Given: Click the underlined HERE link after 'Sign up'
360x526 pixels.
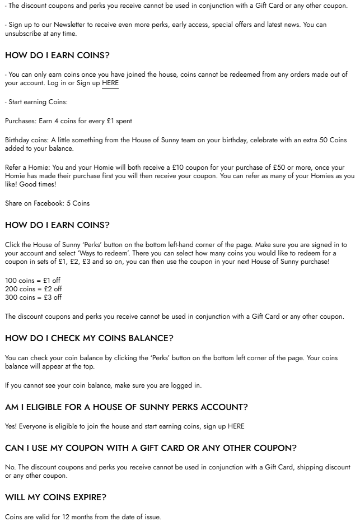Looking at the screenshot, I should click(110, 83).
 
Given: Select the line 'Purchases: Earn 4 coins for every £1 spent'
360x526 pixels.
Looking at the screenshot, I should click(68, 121).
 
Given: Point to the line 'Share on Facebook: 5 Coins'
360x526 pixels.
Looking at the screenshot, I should click(47, 203).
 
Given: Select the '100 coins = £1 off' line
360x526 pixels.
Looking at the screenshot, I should click(33, 280).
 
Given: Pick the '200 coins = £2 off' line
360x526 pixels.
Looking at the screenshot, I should click(34, 289).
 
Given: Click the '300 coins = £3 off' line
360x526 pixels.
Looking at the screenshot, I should click(34, 297).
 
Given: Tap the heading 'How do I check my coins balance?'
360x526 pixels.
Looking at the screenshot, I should click(89, 338).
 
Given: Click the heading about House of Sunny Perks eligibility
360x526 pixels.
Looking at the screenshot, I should click(126, 407).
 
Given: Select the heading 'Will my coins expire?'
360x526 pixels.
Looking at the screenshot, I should click(55, 497).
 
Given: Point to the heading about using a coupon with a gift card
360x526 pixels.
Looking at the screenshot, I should click(151, 448).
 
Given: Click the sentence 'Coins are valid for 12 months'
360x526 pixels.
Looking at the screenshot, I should click(83, 516).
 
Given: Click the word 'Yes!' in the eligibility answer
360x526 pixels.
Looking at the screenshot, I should click(11, 426).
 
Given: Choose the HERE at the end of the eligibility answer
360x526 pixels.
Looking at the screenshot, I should click(236, 426).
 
